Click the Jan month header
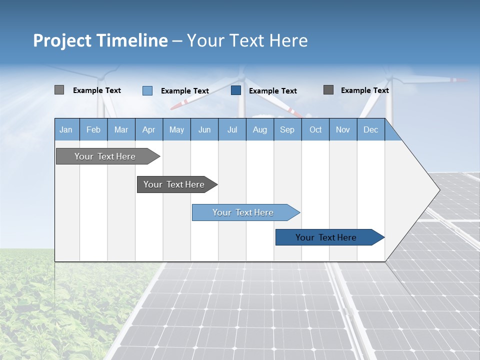(x=66, y=129)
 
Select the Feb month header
(x=93, y=129)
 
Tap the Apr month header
(x=148, y=129)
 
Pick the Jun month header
(x=204, y=129)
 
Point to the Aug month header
(x=259, y=129)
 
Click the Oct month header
(x=315, y=129)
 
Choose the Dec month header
(x=370, y=129)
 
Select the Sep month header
(x=287, y=129)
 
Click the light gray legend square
(x=59, y=90)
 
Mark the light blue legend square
(x=147, y=90)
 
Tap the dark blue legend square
(x=236, y=90)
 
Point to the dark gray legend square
(x=328, y=90)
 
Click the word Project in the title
(x=62, y=40)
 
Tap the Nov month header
(x=343, y=129)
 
